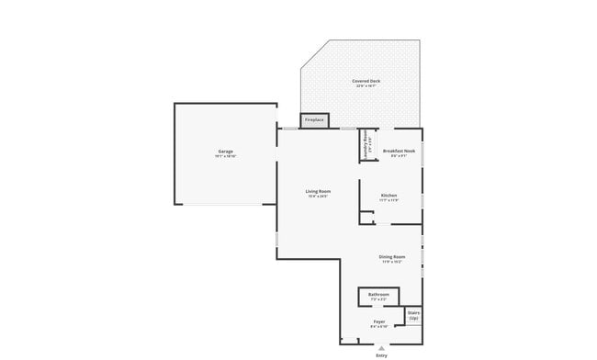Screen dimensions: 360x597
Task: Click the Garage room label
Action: click(225, 151)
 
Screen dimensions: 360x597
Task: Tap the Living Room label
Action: click(318, 191)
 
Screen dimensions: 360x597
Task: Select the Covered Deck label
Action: click(366, 82)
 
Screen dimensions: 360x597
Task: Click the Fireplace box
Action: click(314, 119)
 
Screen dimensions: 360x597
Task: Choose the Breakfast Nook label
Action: click(399, 151)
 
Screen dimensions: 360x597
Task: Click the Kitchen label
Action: click(389, 195)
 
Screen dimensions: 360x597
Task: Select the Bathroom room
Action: click(378, 296)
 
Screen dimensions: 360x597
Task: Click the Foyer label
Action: click(378, 321)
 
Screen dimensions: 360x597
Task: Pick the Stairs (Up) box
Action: click(413, 315)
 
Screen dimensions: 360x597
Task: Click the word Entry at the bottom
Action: click(381, 354)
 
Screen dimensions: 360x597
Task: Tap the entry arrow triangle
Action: click(381, 346)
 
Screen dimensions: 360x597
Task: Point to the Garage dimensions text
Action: click(225, 156)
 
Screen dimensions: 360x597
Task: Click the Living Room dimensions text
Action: click(318, 197)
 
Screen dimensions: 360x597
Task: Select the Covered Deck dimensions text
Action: click(366, 86)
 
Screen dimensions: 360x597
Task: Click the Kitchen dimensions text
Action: click(389, 200)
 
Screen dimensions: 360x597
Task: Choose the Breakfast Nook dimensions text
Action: click(399, 156)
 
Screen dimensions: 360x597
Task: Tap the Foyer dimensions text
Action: click(378, 327)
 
